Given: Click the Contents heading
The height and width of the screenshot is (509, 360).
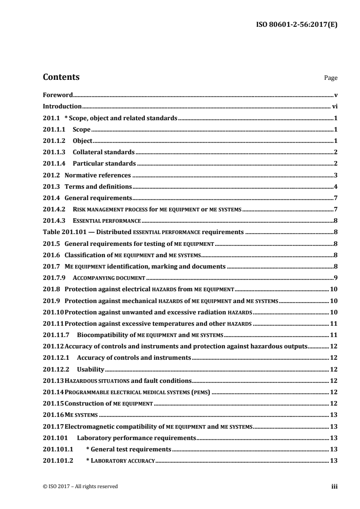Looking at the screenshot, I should (61, 77).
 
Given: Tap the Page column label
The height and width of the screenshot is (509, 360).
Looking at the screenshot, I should (330, 78).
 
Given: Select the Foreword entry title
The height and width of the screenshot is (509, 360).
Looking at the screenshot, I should (58, 95).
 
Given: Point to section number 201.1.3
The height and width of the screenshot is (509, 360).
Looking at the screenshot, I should (53, 152).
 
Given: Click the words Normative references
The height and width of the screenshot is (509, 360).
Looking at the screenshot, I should (98, 175).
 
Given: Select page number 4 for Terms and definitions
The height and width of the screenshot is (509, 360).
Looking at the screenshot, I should (335, 186).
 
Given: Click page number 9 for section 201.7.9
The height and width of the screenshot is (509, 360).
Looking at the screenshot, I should (335, 278).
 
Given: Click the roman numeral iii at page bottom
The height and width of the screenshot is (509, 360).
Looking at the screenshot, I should (334, 487).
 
